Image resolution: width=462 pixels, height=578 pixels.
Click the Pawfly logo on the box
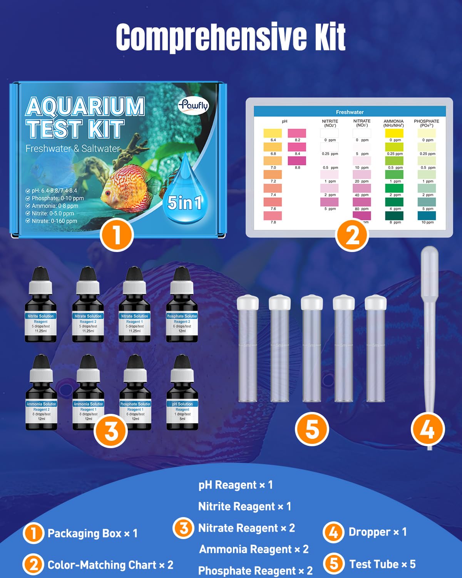tap(193, 105)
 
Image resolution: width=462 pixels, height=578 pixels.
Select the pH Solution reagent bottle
tap(182, 397)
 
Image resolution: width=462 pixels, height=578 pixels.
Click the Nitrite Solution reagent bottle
tap(41, 308)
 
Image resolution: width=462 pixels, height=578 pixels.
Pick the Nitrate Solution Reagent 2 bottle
tap(88, 308)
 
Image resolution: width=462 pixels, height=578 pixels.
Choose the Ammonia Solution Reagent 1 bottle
tap(88, 397)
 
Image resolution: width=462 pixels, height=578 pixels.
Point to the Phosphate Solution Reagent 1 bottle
tap(135, 397)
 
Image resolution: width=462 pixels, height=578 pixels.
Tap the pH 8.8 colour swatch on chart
tap(297, 160)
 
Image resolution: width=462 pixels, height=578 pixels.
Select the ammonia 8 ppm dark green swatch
tap(394, 215)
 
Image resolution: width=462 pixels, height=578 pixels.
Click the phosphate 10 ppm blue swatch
tap(427, 215)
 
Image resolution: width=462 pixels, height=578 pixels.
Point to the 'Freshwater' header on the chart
tap(350, 112)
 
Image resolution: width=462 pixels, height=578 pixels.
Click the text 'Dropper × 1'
tap(377, 532)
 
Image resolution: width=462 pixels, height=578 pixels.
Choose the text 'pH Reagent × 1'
tap(236, 485)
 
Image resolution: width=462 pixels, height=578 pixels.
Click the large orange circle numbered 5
tap(312, 429)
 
